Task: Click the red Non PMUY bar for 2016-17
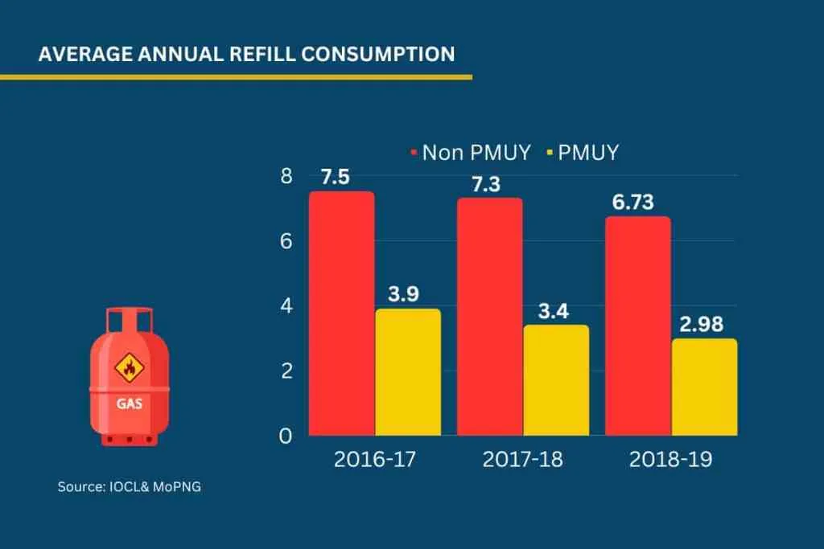point(342,313)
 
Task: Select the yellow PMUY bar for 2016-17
point(408,371)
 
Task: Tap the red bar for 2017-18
point(490,317)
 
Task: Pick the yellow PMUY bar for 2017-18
point(556,379)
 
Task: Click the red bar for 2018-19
point(638,326)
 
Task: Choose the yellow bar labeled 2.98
point(704,387)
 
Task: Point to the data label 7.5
point(335,178)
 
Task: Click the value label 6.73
point(633,203)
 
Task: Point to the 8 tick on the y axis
point(286,175)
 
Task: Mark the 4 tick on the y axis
point(286,306)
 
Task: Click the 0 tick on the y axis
point(286,436)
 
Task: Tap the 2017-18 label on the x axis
point(522,460)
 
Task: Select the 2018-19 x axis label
point(670,460)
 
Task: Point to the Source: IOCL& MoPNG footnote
point(129,486)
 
